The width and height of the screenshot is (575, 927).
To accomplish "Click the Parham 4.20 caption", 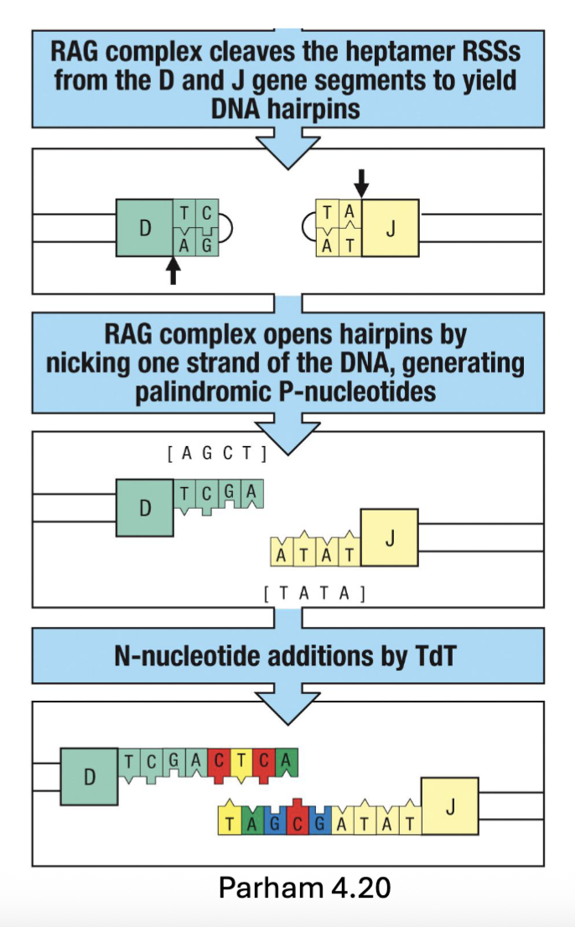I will click(304, 888).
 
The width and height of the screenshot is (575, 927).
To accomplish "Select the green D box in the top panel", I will click(144, 227).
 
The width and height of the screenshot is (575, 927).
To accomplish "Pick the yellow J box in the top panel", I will click(390, 227).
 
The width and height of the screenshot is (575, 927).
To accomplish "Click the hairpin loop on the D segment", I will click(227, 227).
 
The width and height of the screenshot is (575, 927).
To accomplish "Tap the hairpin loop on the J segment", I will click(308, 227).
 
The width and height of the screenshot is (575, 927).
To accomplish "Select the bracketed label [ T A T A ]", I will click(313, 594).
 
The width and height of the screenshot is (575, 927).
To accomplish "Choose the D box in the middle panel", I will click(144, 507).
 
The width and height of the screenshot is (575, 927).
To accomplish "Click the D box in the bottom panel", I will click(89, 776).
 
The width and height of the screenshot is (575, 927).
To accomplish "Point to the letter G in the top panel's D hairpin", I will click(205, 246).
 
